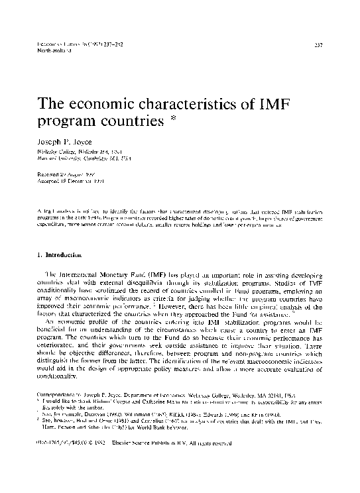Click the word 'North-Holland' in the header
coord(50,50)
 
